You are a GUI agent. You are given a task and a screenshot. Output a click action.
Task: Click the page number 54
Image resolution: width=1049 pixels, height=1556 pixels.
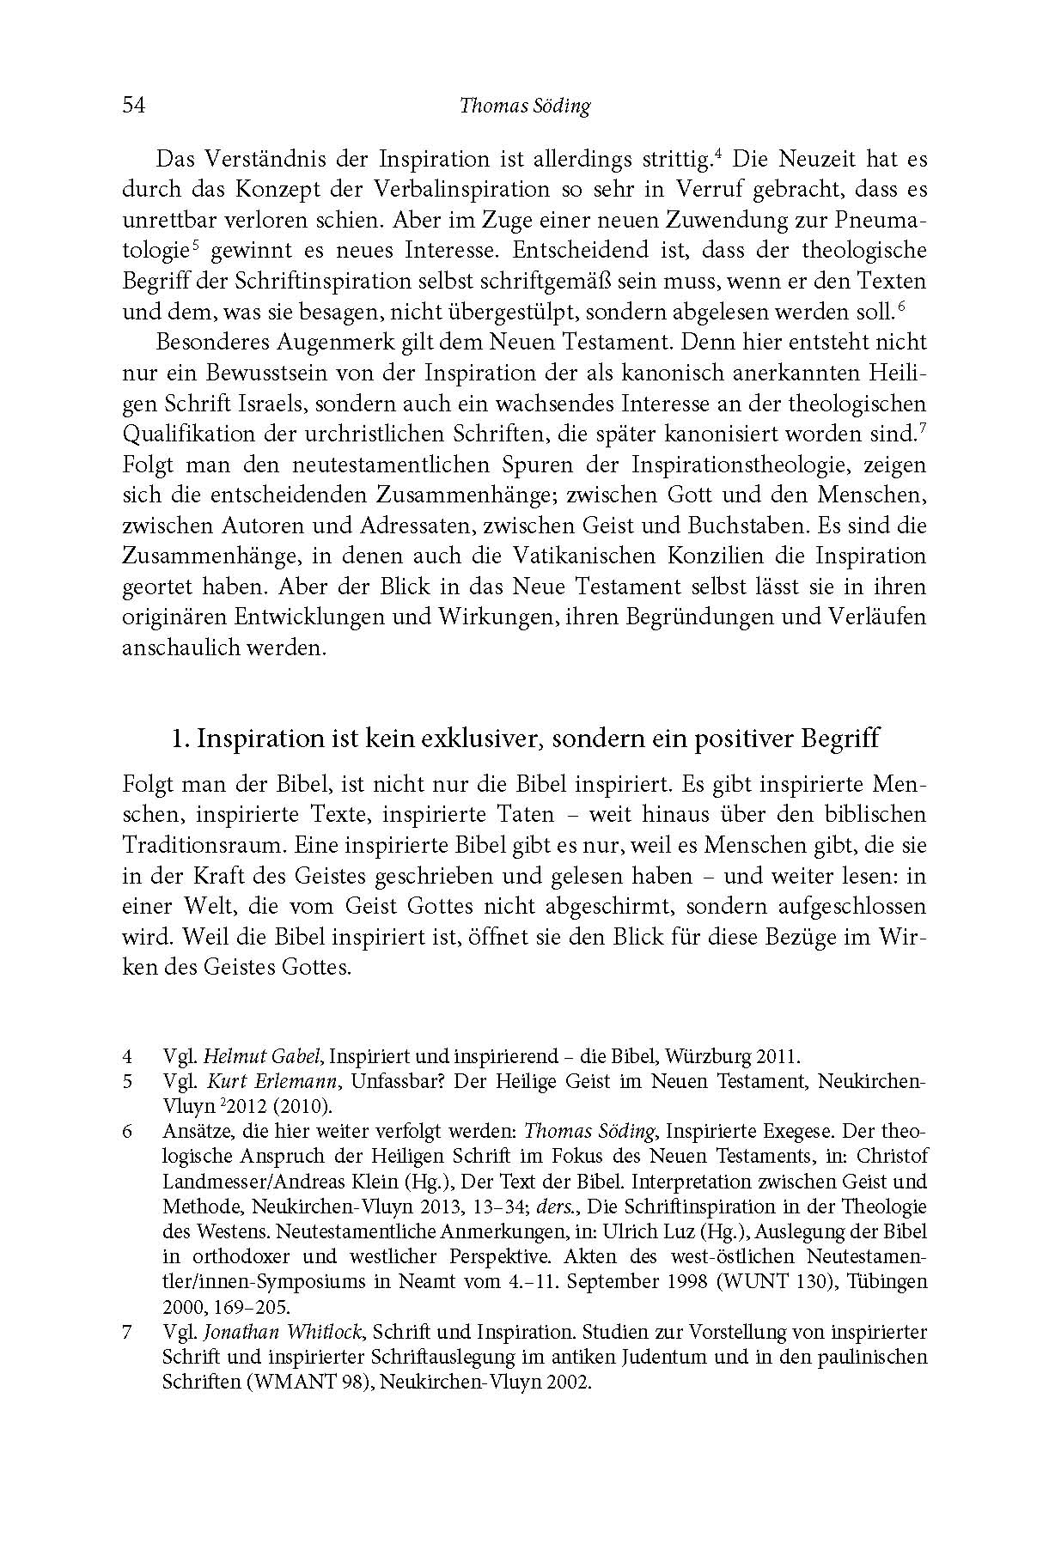[134, 106]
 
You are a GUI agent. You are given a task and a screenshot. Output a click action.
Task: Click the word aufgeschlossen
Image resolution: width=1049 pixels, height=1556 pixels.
[844, 905]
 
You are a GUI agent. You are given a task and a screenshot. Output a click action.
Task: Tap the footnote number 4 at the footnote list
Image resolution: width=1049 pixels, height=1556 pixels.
[127, 1057]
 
